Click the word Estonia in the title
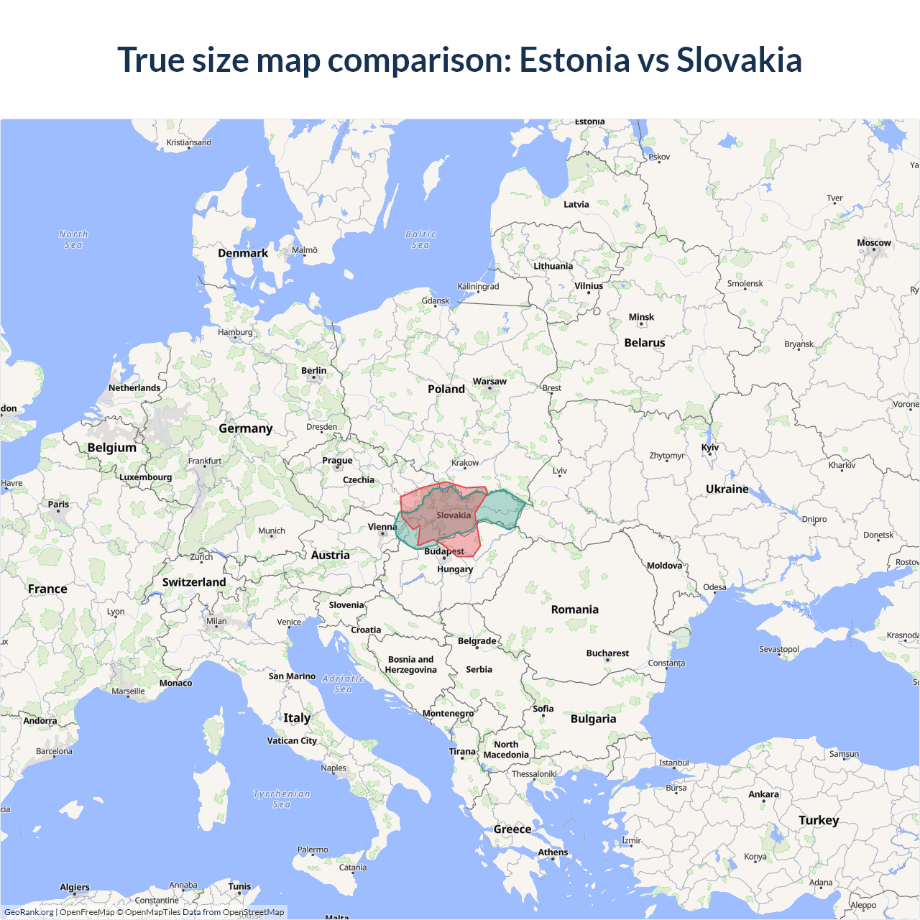coord(574,60)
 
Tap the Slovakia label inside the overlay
coord(454,515)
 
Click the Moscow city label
coord(873,243)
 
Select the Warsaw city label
coord(489,382)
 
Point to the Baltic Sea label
coord(420,239)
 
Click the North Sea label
coord(73,239)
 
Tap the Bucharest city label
coord(607,653)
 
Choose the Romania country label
coord(574,609)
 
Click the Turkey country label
coord(819,820)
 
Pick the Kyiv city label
coord(710,447)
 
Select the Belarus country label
coord(645,343)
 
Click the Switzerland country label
coord(194,582)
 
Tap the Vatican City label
coord(292,740)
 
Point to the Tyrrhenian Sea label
coord(282,799)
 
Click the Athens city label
coord(553,852)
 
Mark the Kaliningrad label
coord(478,286)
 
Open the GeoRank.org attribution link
coord(29,912)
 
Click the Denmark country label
coord(243,253)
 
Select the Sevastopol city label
coord(779,649)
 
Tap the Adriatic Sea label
coord(343,684)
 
